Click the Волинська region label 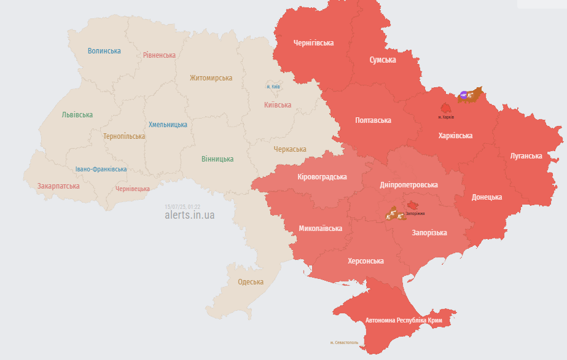pos(104,51)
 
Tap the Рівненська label pos(159,55)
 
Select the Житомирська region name pos(211,78)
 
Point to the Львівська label pos(77,115)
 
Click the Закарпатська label pos(58,186)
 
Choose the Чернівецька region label pos(133,189)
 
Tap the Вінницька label pos(217,158)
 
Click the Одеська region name pos(251,282)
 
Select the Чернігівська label pos(313,43)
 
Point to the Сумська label pos(382,60)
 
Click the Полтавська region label pos(373,120)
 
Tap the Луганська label pos(526,156)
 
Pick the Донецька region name pos(487,197)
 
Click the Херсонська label pos(366,261)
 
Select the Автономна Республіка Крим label pos(403,321)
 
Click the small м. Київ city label pos(273,87)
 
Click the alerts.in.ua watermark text pos(190,216)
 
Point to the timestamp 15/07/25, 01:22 pos(182,207)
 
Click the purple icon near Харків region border pos(464,95)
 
